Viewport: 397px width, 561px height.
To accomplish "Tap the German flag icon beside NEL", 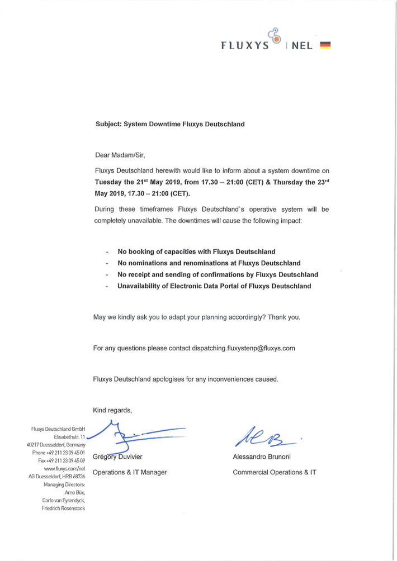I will coord(327,46).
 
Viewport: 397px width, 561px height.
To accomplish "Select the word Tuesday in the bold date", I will coord(108,182).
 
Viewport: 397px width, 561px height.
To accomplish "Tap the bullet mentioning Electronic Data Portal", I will coord(214,286).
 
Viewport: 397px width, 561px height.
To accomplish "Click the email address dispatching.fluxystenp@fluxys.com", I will coord(243,348).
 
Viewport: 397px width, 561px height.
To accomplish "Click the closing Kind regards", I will coord(112,411).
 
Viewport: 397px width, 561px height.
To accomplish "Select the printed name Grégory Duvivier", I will coord(117,457).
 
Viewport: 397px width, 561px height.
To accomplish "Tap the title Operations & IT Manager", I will coord(130,472).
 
